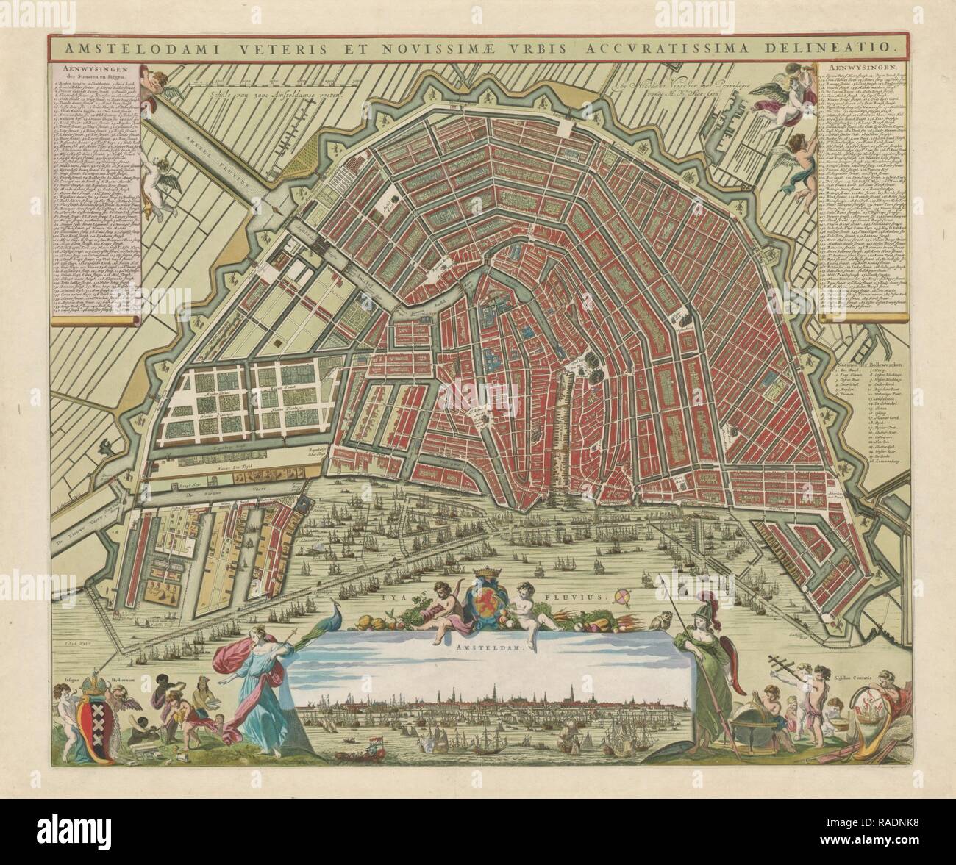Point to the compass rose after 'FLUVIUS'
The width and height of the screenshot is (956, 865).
click(623, 596)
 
